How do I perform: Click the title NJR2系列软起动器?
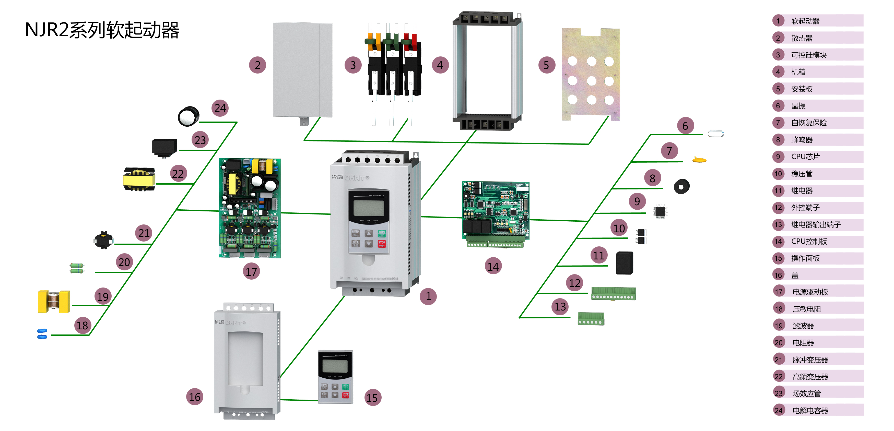pyautogui.click(x=102, y=30)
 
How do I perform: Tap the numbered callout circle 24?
pyautogui.click(x=220, y=108)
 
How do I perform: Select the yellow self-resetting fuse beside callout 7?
pyautogui.click(x=699, y=160)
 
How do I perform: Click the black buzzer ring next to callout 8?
pyautogui.click(x=681, y=187)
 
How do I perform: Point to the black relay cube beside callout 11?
pyautogui.click(x=624, y=263)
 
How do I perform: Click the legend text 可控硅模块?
pyautogui.click(x=809, y=55)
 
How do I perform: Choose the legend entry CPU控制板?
pyautogui.click(x=809, y=241)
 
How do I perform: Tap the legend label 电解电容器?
pyautogui.click(x=810, y=411)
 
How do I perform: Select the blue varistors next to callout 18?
pyautogui.click(x=42, y=333)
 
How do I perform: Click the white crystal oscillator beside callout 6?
pyautogui.click(x=715, y=134)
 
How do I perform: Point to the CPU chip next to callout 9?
pyautogui.click(x=660, y=211)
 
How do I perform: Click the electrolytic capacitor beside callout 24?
pyautogui.click(x=189, y=116)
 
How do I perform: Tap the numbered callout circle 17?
pyautogui.click(x=251, y=271)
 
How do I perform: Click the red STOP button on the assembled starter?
pyautogui.click(x=382, y=244)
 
